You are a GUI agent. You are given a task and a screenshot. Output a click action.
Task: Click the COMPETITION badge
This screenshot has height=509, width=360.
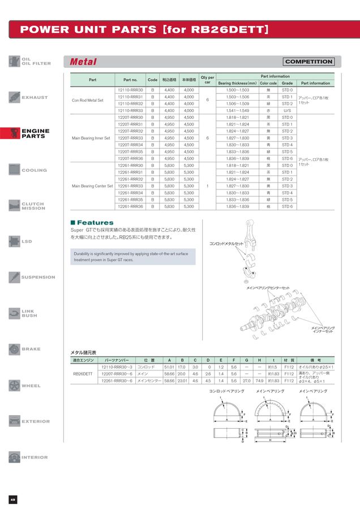tap(308, 62)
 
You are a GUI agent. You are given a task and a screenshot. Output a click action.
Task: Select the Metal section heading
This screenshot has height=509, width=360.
tap(83, 62)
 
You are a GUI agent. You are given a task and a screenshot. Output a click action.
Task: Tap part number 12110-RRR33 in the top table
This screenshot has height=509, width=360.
tap(130, 110)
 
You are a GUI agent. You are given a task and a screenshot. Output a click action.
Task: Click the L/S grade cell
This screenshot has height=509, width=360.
tap(287, 110)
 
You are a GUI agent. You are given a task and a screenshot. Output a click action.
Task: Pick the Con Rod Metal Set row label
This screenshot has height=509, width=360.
tap(88, 100)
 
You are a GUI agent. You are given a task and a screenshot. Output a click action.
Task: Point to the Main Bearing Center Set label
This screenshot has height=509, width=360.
tap(92, 186)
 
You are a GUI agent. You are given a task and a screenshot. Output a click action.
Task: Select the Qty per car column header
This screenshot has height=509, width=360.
tap(207, 80)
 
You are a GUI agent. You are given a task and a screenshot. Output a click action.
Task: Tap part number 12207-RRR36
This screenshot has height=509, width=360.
tap(130, 158)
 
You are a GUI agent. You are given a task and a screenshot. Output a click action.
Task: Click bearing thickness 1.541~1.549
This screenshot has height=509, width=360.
tap(237, 110)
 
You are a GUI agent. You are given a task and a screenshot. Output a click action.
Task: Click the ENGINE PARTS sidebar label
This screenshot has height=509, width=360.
tap(35, 133)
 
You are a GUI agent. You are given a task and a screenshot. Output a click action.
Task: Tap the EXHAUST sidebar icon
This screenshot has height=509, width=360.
tap(15, 97)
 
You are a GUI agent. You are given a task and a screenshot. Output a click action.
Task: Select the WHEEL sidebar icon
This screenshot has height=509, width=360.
tap(15, 386)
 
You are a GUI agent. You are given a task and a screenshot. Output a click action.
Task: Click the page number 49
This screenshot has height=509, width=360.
tap(12, 499)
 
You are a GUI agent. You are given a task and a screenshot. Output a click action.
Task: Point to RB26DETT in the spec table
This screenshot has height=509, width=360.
tap(83, 374)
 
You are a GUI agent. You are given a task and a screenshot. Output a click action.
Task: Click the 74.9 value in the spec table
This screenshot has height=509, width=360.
tap(259, 381)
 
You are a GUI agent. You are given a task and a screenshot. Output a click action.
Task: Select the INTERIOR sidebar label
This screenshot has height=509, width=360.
tap(35, 458)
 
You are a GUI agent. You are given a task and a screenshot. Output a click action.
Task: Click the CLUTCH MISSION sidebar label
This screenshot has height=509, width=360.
tap(33, 206)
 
